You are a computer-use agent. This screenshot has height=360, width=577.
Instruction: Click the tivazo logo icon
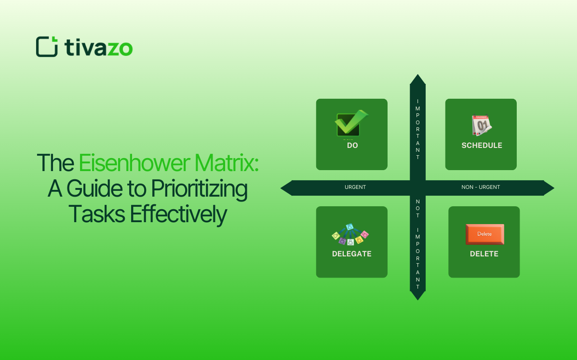coord(47,47)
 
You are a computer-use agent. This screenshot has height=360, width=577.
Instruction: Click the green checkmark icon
coord(351,123)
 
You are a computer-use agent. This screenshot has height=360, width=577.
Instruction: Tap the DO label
coord(352,146)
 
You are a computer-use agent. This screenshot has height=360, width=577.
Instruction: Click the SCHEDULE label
coord(482,146)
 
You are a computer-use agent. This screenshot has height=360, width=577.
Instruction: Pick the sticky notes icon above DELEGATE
coord(350,234)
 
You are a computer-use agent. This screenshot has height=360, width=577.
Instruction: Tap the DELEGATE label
coord(352,254)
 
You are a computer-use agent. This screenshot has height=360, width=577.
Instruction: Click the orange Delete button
coord(484,234)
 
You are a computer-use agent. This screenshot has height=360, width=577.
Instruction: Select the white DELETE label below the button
coord(484,254)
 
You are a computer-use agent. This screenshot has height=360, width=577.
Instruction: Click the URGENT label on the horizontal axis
coord(355,187)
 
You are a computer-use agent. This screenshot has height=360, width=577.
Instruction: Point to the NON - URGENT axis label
coord(481,187)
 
